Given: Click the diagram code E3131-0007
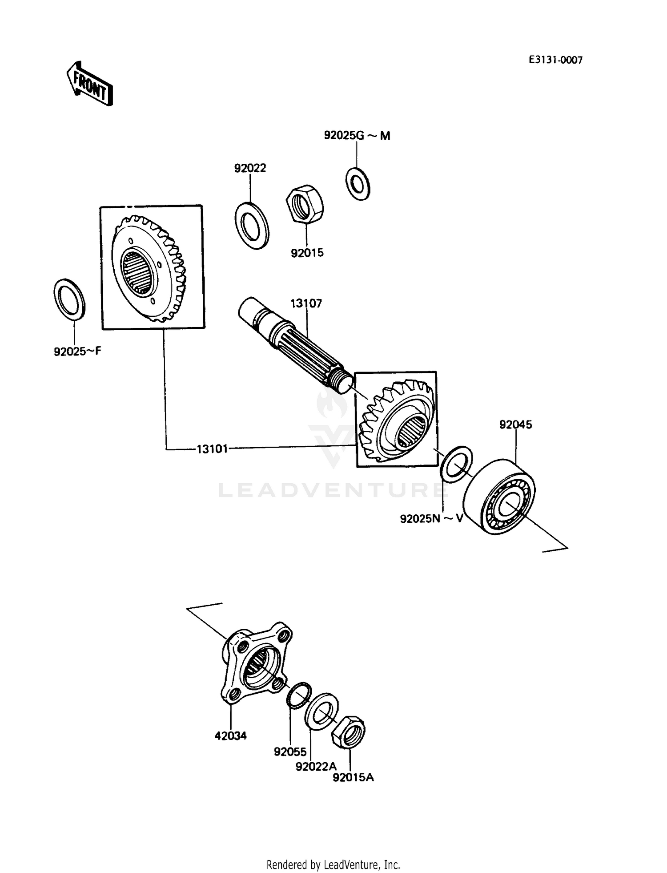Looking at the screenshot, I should [555, 60].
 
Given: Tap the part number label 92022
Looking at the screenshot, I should [250, 168].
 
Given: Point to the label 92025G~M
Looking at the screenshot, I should [357, 136].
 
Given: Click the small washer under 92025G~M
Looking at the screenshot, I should [358, 183].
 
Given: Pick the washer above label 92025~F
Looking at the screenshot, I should [70, 299].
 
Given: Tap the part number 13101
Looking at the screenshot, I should [212, 449].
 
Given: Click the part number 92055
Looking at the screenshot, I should [290, 752].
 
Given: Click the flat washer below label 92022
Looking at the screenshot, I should [252, 225].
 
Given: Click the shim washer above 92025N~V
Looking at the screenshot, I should [456, 464].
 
